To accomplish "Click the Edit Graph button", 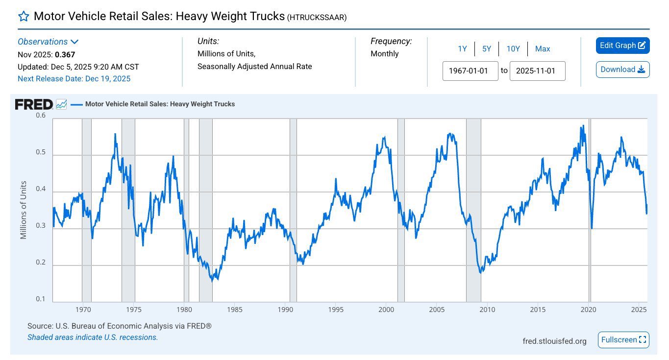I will (x=622, y=46).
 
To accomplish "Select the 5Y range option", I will (x=486, y=49).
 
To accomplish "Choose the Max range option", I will (x=543, y=49).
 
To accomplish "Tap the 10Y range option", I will (x=513, y=49).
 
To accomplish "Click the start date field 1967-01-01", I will (x=470, y=71).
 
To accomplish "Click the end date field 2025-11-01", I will (x=537, y=71).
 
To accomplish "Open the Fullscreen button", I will (x=623, y=340).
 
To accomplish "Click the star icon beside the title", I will (x=24, y=17).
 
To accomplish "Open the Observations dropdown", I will (x=48, y=42).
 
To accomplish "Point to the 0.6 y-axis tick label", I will (x=41, y=116).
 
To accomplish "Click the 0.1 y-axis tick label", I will (x=41, y=299).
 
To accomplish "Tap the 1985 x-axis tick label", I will (x=235, y=310).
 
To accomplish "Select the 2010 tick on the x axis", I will (x=487, y=310).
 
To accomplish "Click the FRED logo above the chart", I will (x=34, y=104).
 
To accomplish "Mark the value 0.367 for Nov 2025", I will (x=65, y=55).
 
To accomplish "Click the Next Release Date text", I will (x=74, y=79).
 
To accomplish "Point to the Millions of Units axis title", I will (x=23, y=210).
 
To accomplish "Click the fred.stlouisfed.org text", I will (x=554, y=341).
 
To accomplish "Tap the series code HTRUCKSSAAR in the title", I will (x=317, y=18).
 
